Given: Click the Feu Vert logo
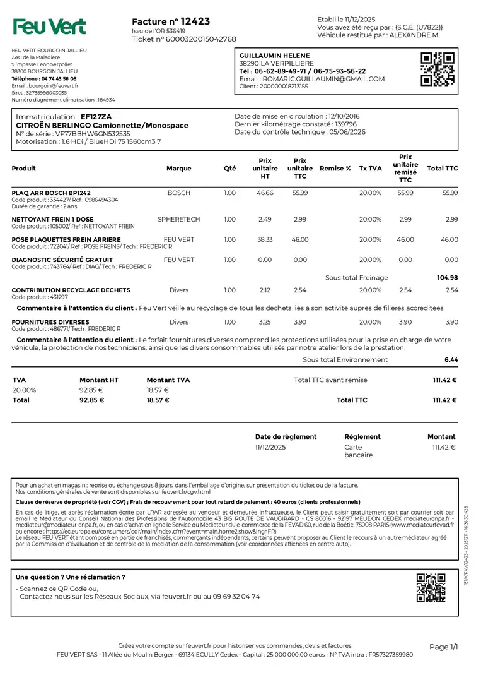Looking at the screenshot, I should coord(50,27).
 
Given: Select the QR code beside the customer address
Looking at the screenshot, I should coord(437,69).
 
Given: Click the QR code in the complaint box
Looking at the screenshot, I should coord(431,587).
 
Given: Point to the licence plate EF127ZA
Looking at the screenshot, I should coord(96,117).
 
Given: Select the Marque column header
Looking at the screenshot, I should coord(179,169).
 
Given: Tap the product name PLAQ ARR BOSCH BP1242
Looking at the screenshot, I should coord(51,193).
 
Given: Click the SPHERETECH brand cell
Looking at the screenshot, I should coord(179,219).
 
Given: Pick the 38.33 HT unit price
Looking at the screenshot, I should coord(265,239).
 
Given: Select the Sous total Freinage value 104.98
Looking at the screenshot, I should coord(448,277).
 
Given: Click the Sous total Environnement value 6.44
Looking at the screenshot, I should coord(451,359).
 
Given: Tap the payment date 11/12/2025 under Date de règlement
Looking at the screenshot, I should coord(270,447).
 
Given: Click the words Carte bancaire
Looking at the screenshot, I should coord(358,451).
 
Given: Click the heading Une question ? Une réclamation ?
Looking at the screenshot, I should coord(70,577).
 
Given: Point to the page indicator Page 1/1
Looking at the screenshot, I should coord(443,647).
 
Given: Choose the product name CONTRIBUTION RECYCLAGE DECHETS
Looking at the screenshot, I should coord(71,290).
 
